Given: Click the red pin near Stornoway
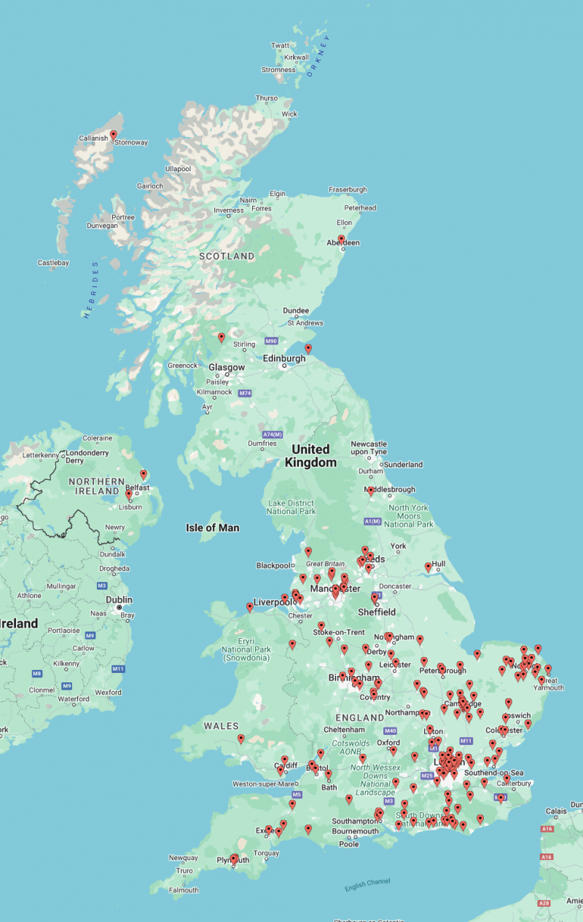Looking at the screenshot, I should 114,135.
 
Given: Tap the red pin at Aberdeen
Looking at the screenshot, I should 341,240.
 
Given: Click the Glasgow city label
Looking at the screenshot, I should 227,368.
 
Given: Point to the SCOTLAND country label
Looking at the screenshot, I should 227,256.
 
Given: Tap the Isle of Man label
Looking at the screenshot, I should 212,528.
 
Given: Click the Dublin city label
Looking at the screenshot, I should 119,600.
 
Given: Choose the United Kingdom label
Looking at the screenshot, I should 310,456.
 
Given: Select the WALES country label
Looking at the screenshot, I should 221,726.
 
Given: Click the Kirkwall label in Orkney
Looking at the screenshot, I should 297,57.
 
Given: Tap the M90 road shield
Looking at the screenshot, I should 271,341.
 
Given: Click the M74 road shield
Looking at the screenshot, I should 244,394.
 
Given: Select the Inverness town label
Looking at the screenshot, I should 229,210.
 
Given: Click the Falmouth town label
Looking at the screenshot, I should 183,890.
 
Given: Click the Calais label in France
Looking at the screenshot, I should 557,811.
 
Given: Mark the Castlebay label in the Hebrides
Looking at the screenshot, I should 53,262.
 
